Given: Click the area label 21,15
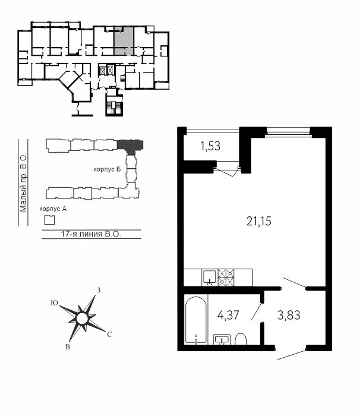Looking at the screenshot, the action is [258, 221].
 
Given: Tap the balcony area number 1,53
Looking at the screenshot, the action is [210, 146].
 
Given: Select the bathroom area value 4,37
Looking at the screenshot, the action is [228, 315].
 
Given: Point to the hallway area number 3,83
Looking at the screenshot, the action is [289, 315].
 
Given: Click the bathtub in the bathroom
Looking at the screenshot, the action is [196, 320].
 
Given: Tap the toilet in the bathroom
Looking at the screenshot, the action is [241, 339].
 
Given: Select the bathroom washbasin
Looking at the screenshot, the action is [222, 339].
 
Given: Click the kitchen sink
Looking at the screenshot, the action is [210, 278].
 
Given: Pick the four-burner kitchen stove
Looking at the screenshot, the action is [226, 278].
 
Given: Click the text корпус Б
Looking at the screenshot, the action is [107, 169].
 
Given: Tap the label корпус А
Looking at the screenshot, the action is [53, 209].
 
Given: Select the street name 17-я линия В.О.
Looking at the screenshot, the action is [91, 234].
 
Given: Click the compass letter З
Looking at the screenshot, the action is [99, 290].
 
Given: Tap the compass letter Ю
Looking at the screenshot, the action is [55, 303].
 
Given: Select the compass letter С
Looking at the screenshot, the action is [109, 335].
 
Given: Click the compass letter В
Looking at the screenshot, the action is [68, 346].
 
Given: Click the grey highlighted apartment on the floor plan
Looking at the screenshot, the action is [124, 41].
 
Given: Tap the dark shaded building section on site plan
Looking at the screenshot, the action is [130, 146].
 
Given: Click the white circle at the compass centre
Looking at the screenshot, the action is [82, 319].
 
